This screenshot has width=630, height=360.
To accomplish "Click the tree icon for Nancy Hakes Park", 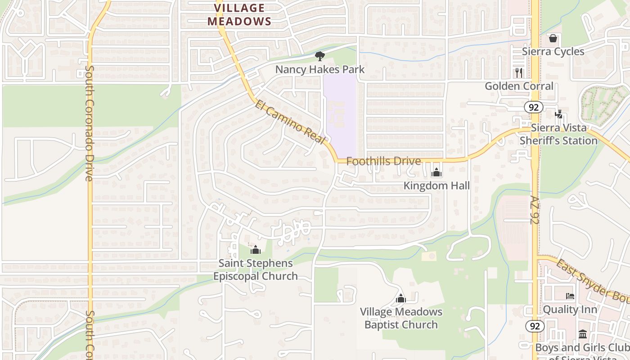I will (320, 56).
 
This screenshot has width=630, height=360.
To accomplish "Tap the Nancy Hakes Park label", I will (320, 69).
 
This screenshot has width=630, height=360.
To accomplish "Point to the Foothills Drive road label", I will (384, 161).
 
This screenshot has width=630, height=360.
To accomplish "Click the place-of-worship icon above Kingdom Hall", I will (436, 172).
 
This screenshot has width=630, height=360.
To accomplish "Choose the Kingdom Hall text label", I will (436, 185).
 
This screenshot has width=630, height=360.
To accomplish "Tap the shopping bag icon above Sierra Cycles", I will (553, 39).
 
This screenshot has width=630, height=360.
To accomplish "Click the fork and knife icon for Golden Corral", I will (519, 72).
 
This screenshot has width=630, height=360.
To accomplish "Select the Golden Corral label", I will (519, 86).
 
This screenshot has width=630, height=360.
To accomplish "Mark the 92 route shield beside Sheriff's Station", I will (534, 107).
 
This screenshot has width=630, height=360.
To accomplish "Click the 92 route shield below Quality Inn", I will (535, 326).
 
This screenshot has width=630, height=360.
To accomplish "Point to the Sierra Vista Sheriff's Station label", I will (558, 134).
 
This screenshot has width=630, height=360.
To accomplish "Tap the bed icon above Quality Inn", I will (570, 296).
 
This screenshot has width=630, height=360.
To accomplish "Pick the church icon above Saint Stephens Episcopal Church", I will (255, 250).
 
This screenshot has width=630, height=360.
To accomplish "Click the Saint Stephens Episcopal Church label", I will (256, 270).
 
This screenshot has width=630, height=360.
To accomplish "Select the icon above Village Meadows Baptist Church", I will (400, 298).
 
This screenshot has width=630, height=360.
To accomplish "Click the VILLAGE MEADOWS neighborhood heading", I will (239, 14).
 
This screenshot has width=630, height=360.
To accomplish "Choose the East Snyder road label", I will (592, 279).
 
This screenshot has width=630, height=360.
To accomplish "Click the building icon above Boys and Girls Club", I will (583, 334).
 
